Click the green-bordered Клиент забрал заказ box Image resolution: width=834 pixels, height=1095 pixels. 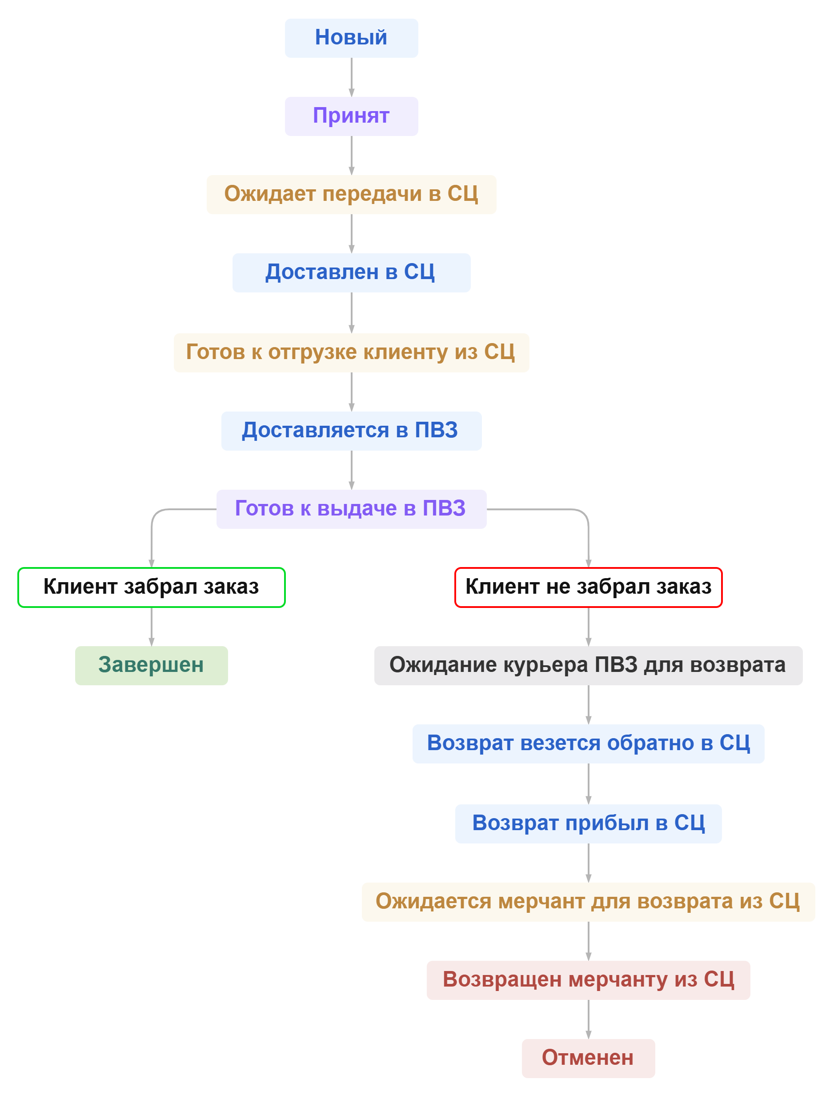(152, 587)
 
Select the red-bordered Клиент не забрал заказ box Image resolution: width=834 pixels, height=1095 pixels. (588, 587)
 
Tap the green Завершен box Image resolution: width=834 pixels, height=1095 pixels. (152, 665)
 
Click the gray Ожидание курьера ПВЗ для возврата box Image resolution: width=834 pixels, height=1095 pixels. (588, 665)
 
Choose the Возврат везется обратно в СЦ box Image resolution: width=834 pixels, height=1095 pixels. (588, 744)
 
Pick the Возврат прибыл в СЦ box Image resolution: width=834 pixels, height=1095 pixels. (588, 823)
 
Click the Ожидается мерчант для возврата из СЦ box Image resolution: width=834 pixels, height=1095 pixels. (588, 902)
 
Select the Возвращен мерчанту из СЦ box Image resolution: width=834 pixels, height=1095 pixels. (588, 980)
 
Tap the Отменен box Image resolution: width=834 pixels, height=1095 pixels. (588, 1058)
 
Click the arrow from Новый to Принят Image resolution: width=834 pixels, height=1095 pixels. (352, 77)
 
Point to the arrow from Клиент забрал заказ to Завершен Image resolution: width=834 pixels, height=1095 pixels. (152, 626)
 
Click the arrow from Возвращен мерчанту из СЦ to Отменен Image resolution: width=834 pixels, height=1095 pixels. (588, 1019)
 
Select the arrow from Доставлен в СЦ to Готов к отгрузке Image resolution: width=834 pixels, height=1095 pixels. (352, 312)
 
